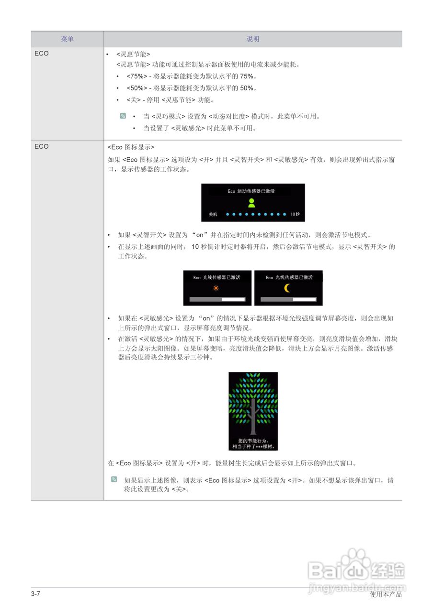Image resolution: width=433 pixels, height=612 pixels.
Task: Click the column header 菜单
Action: click(68, 39)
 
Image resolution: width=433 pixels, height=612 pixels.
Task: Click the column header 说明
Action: click(253, 39)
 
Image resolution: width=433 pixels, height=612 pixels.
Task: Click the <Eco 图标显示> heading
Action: click(131, 147)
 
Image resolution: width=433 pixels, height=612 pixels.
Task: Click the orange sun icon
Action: click(216, 288)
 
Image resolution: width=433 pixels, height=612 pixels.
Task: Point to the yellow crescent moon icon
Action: click(287, 288)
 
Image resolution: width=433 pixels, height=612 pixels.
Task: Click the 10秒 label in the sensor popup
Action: click(295, 214)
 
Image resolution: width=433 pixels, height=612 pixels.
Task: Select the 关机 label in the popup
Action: click(213, 214)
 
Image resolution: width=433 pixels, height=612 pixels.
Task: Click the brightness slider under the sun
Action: click(217, 299)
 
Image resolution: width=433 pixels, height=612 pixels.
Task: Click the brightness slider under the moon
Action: click(288, 299)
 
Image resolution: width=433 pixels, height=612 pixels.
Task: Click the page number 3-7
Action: click(35, 594)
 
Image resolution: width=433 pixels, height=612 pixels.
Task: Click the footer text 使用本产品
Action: click(386, 594)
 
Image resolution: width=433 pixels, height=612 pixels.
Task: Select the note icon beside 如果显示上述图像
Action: click(114, 480)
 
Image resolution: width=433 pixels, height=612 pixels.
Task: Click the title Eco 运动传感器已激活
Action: click(251, 191)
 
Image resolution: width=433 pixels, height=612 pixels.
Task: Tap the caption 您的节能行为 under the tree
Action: click(253, 440)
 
